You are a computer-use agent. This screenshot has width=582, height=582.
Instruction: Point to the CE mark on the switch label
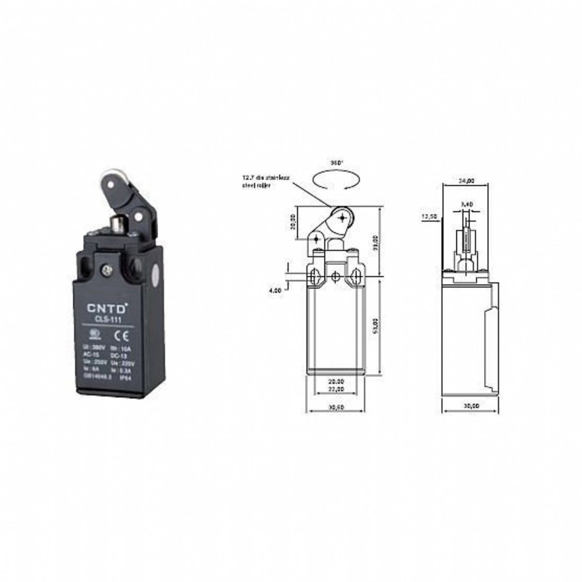click(x=120, y=335)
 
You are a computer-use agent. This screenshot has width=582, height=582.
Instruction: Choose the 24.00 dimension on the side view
click(x=467, y=180)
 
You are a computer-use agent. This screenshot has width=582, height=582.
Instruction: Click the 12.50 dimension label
click(x=429, y=216)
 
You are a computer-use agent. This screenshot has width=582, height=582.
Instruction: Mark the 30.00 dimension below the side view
click(x=470, y=405)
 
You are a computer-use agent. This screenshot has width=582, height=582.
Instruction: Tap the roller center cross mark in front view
click(x=343, y=217)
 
